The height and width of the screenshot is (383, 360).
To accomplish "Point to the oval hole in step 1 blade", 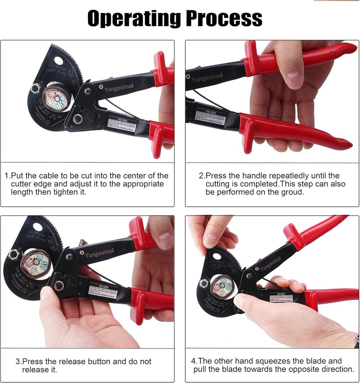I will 58,61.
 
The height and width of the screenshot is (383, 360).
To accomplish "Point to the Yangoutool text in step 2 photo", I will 207,78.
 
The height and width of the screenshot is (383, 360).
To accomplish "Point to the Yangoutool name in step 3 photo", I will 99,254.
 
